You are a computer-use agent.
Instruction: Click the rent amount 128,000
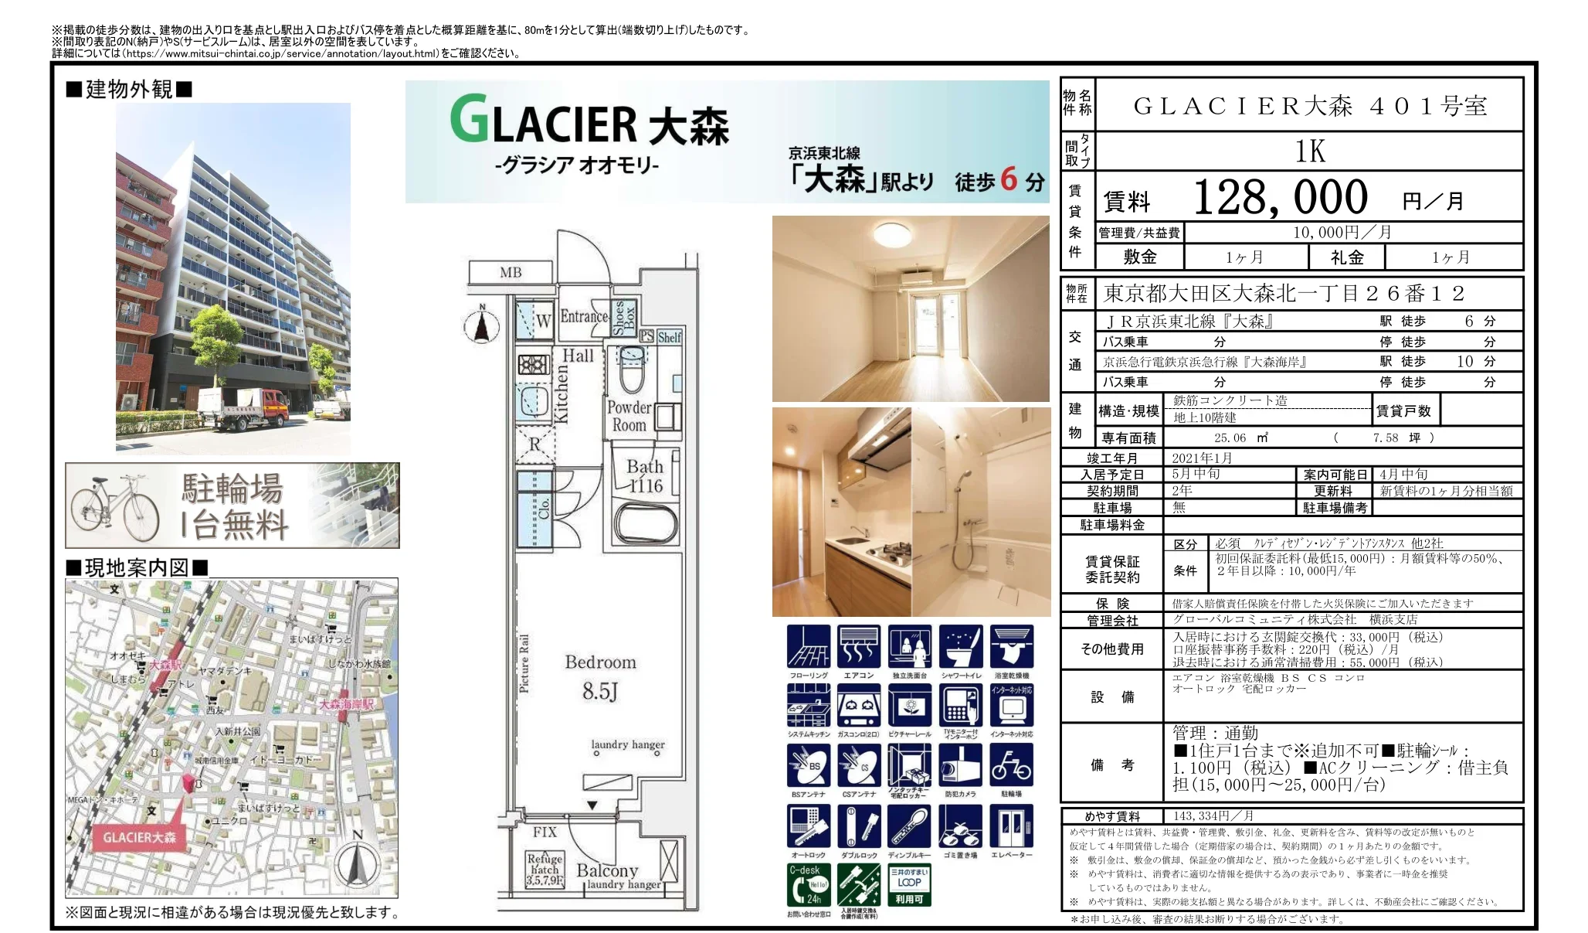coord(1280,198)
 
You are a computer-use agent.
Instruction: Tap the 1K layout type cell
coord(1309,152)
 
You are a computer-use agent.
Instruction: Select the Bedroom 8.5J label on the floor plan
coord(600,676)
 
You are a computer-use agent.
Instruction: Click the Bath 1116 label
coord(645,476)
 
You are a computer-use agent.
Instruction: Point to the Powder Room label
coord(629,416)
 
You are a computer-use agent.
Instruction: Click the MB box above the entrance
coord(511,272)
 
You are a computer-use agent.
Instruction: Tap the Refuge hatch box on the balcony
coord(545,870)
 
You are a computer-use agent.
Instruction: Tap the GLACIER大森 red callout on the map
coord(140,837)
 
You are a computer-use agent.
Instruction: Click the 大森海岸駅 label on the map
coord(347,704)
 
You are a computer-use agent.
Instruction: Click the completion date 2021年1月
coord(1202,458)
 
